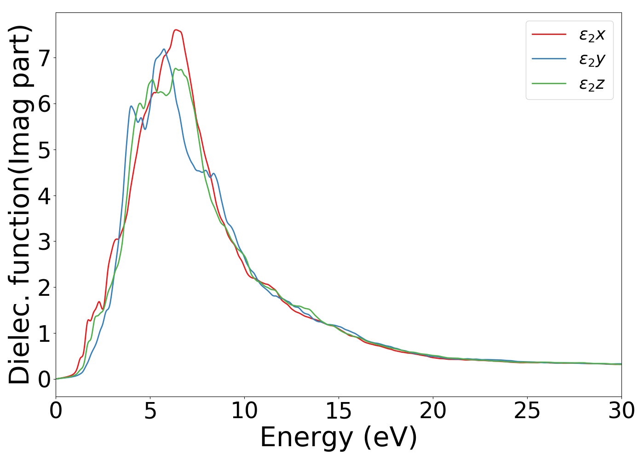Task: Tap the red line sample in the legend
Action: [549, 34]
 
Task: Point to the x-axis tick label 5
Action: [150, 411]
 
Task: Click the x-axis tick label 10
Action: [244, 411]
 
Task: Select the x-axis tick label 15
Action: [339, 411]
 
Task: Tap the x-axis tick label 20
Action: [433, 411]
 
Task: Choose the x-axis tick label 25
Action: [527, 411]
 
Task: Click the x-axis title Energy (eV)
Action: [339, 437]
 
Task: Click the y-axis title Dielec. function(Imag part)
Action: [19, 205]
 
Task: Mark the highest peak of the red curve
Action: [176, 30]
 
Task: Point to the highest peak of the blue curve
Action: [164, 49]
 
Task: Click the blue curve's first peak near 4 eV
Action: [131, 106]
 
